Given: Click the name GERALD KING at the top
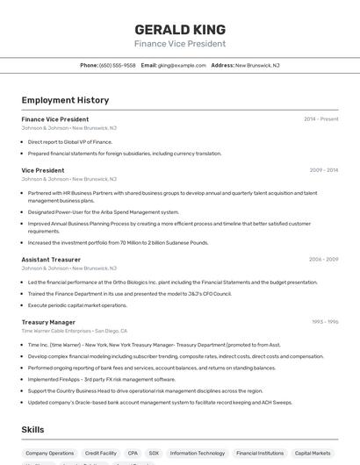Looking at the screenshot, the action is pos(180,29).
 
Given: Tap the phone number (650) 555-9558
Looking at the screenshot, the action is pos(118,65).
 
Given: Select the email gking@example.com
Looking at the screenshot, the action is pos(181,65).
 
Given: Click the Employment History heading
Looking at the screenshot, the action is pos(65,100).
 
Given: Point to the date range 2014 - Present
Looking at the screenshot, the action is pos(320,118).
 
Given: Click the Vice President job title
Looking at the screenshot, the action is pos(43,170).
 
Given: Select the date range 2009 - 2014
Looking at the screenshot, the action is pos(324,170).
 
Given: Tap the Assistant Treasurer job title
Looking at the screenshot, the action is pos(51,260).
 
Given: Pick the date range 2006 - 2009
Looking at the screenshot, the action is pos(323,260).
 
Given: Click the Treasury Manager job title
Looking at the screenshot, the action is pos(48,322).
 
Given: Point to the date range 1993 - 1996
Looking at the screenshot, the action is pos(325,322).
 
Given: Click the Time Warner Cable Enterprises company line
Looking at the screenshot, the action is pos(74,331).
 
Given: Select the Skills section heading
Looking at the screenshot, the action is pos(32,429).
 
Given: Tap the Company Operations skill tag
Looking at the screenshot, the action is pos(50,454).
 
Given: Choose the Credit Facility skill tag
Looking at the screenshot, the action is pos(100,454).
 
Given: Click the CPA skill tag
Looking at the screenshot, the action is pos(133,454).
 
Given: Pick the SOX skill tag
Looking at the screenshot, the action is pos(154,454).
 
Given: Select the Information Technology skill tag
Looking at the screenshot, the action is pos(197,454).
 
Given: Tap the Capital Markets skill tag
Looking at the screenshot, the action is pos(313,454).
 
